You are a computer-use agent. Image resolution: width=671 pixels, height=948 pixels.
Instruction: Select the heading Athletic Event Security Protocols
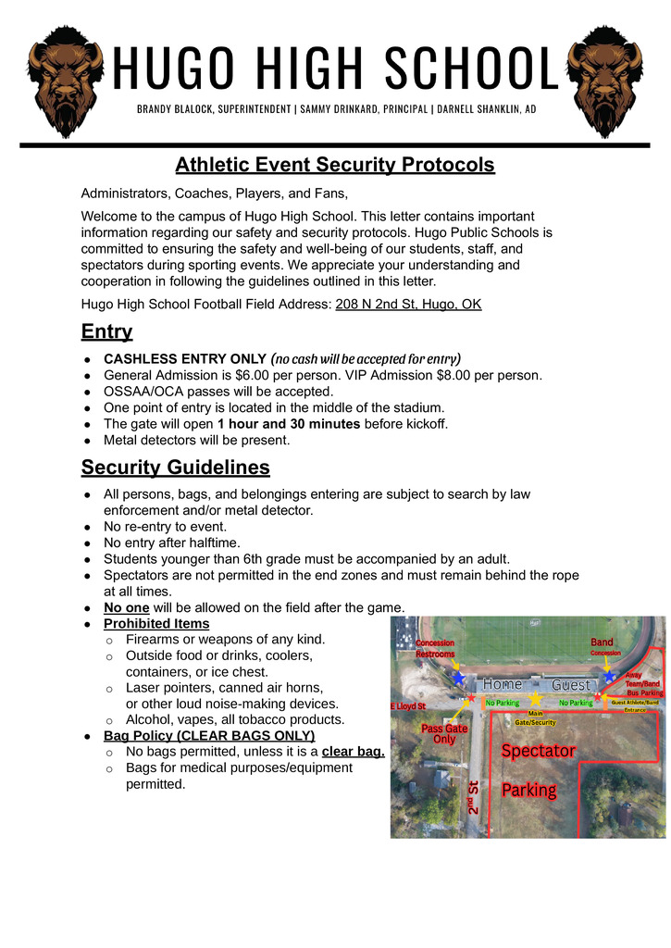tap(335, 165)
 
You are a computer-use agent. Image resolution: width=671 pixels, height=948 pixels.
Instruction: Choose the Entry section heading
tap(106, 331)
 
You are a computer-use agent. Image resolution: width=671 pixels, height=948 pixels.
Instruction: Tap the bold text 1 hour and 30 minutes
tap(289, 424)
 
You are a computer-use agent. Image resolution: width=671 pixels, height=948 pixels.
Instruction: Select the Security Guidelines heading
tap(175, 467)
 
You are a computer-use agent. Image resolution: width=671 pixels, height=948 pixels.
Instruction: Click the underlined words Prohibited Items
tap(156, 624)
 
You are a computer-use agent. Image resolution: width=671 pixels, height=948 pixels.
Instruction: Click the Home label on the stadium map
tap(503, 684)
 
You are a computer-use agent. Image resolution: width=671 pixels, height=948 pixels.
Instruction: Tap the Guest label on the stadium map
tap(570, 685)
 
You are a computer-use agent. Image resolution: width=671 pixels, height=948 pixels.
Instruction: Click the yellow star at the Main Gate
tap(535, 699)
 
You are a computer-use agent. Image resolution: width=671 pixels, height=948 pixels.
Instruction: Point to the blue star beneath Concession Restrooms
tap(458, 678)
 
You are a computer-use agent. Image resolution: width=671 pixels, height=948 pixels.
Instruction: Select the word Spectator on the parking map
tap(539, 751)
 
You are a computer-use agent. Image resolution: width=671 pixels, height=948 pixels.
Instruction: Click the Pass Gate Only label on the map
tap(444, 734)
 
